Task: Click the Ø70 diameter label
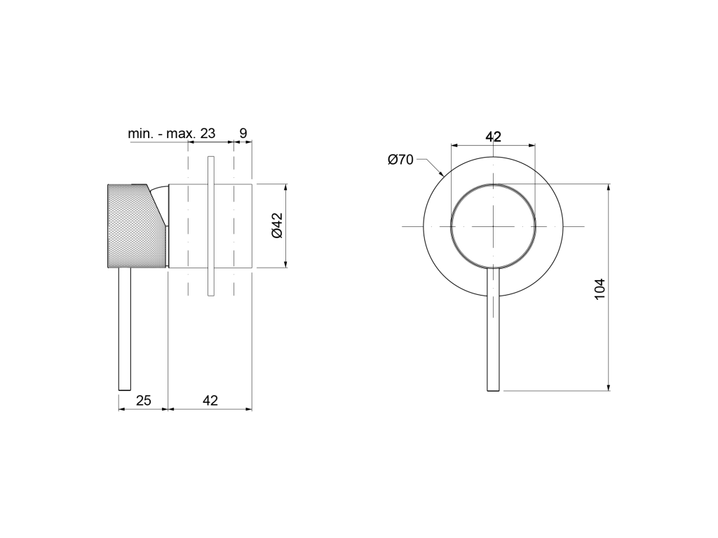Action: tap(400, 160)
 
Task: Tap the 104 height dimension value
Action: tap(600, 289)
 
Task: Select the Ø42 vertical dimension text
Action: tap(277, 226)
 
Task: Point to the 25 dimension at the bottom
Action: tap(143, 400)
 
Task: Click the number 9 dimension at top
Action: tap(243, 133)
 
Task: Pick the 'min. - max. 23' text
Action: tap(171, 134)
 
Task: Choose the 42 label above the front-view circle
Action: tap(493, 137)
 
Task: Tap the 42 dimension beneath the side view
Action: tap(210, 400)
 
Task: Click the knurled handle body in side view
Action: tap(134, 226)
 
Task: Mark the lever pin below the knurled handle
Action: tap(125, 329)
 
